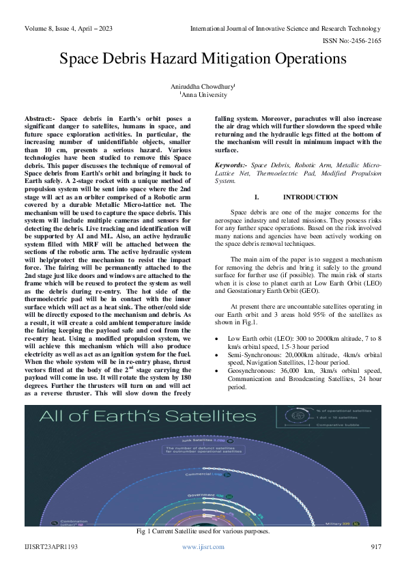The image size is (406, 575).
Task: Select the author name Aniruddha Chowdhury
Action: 202,87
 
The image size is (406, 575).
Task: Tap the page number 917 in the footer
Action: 375,547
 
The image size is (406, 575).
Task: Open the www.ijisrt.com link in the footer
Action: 203,547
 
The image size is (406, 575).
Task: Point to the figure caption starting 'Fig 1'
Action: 203,531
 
